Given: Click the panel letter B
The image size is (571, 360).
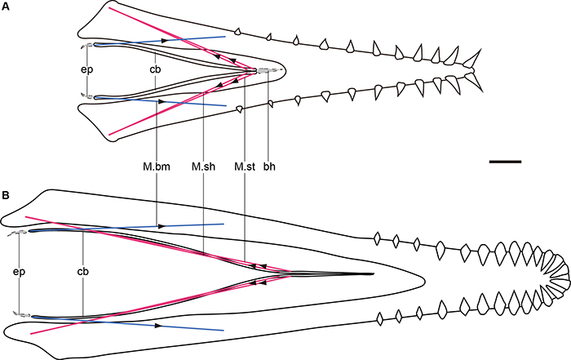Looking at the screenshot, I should point(7,195).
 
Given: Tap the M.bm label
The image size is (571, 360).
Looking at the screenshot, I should point(154,167).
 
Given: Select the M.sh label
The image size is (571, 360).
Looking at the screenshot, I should point(201,167).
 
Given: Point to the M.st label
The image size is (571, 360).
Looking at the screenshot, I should point(244,167).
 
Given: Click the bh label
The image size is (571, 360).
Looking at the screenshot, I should point(269,167).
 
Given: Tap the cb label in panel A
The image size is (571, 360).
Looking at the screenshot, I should point(154,69).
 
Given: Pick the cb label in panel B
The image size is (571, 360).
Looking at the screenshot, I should point(83,270).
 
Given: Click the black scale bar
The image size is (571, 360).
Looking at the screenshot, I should point(505,162).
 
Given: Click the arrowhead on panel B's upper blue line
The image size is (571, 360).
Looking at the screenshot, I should point(157,225).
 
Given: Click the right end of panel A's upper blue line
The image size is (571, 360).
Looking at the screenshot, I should point(225,36).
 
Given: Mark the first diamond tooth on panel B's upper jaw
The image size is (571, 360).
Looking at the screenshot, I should point(377,239).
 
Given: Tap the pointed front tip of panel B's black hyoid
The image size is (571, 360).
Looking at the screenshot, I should point(373,273).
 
